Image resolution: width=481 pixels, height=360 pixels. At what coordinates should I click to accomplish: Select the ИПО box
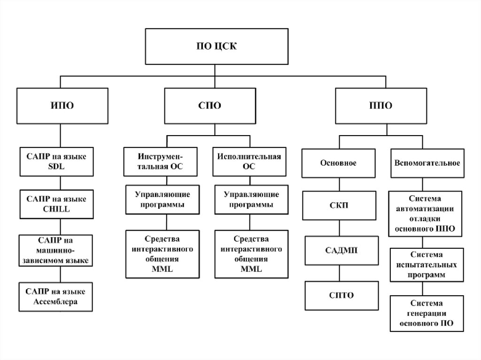[x=62, y=106]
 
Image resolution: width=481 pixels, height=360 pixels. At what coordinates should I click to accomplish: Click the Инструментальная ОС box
[x=161, y=161]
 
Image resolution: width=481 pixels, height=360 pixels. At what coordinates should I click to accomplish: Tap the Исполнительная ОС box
[x=249, y=161]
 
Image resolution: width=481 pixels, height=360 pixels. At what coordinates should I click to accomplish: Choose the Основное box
[x=338, y=163]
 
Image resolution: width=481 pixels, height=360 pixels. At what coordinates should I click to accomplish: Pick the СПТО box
[x=341, y=296]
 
